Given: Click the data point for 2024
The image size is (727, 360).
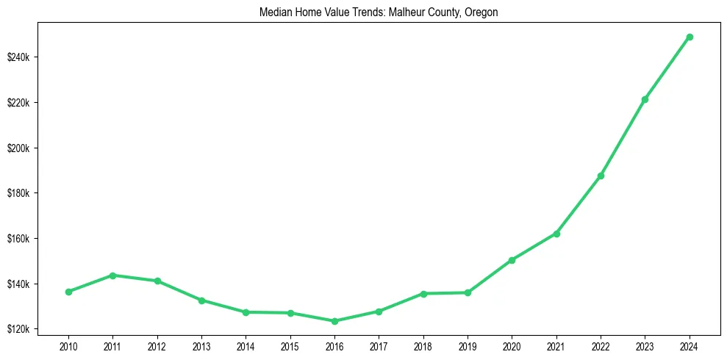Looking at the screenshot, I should pos(690,37).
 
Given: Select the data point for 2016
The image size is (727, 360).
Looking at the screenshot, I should pos(334,321).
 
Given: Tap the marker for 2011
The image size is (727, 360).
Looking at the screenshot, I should pos(112,276).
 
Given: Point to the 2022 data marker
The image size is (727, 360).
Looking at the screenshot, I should pos(601,176).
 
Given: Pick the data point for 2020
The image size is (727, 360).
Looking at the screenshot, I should pos(512,260).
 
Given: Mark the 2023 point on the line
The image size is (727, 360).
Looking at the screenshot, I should pos(645,99).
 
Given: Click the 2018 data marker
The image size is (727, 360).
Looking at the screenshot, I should pos(423,294).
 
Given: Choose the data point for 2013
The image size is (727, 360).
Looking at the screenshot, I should pos(201,300).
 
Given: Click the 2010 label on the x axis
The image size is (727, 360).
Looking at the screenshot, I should pos(68,345).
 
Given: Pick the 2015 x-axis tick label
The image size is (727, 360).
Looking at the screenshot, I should pos(290,345).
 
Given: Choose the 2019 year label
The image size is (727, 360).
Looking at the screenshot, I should pos(468,345).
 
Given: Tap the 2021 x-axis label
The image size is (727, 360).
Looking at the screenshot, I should pos(556,345).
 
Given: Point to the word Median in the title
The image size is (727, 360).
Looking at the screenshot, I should pos(274,12).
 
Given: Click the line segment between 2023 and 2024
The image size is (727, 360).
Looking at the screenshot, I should pos(667,68).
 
